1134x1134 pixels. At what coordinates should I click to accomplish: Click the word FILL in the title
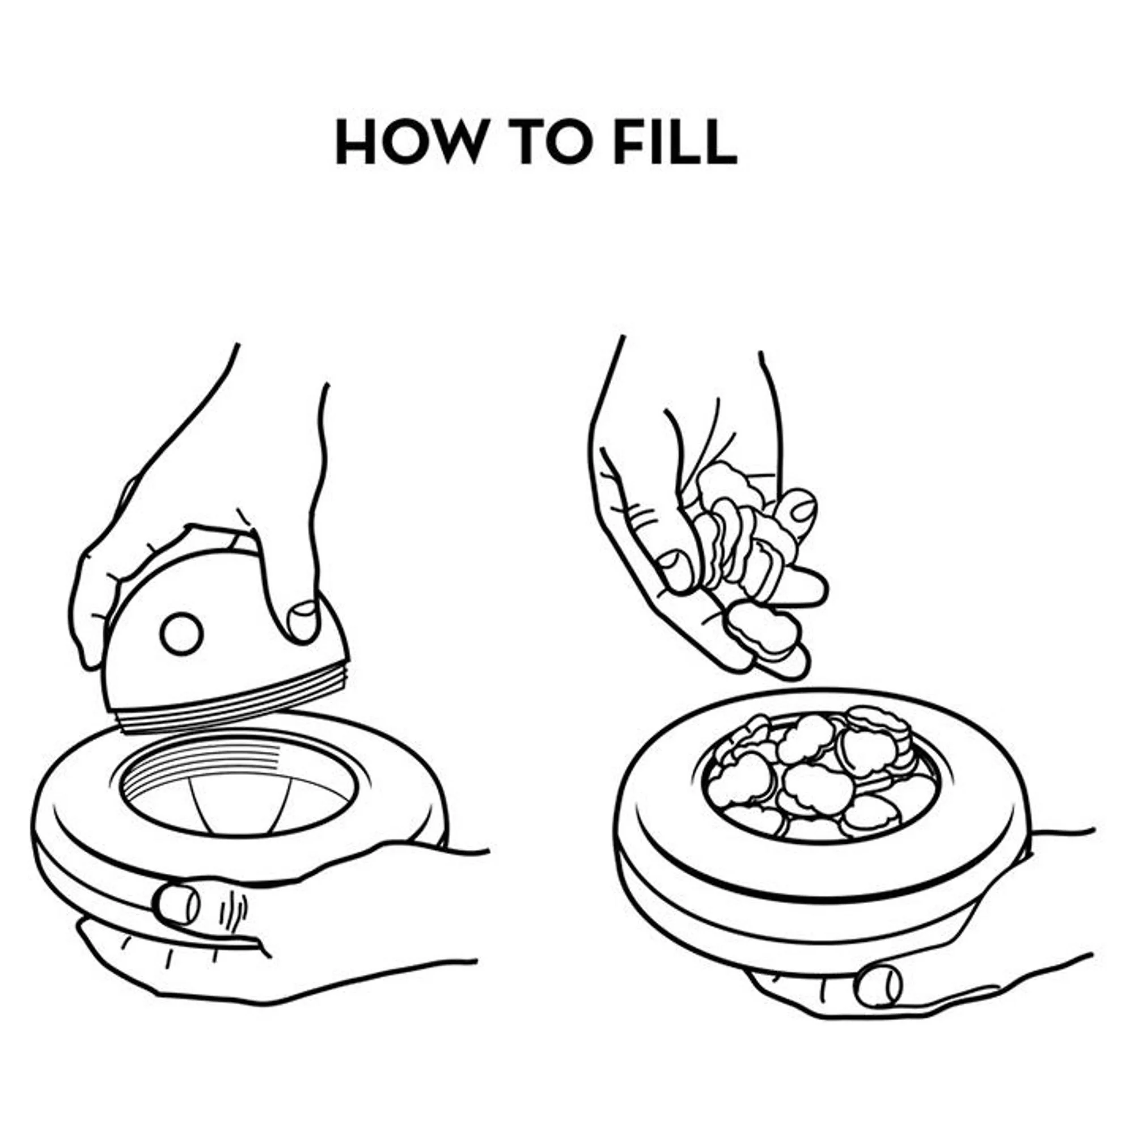point(675,142)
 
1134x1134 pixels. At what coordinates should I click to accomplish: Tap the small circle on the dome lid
point(181,634)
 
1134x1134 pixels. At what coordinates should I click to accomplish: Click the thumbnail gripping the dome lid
point(303,620)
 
